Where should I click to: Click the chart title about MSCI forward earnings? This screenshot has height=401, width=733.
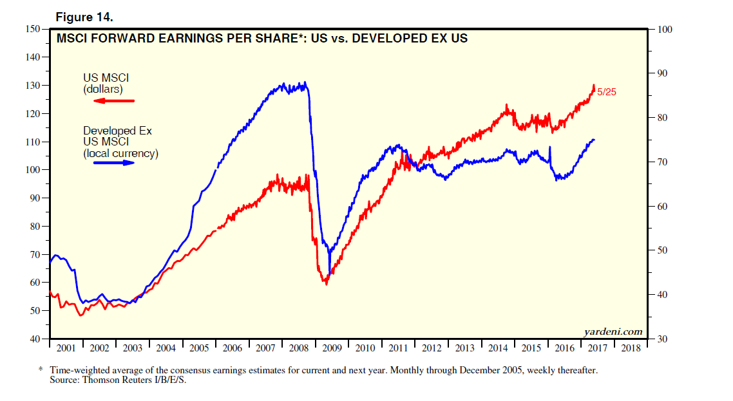(262, 39)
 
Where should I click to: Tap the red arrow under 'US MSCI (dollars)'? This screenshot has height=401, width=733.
(113, 101)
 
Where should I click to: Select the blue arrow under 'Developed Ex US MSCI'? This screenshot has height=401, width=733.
(114, 163)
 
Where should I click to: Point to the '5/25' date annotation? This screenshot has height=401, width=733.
(607, 93)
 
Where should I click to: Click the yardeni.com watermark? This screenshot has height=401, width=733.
(613, 331)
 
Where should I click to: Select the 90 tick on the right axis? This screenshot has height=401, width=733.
(664, 73)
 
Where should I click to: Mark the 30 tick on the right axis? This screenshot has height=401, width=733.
(664, 339)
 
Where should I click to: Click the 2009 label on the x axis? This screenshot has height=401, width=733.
(332, 348)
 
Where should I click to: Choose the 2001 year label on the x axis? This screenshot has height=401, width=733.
(66, 348)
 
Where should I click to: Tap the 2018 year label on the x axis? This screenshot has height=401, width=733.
(631, 348)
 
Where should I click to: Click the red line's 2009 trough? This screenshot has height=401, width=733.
(326, 283)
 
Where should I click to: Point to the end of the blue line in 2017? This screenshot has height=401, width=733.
(594, 140)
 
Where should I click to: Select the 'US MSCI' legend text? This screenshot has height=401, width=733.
(106, 78)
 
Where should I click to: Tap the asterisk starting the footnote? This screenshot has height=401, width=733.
(41, 371)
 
